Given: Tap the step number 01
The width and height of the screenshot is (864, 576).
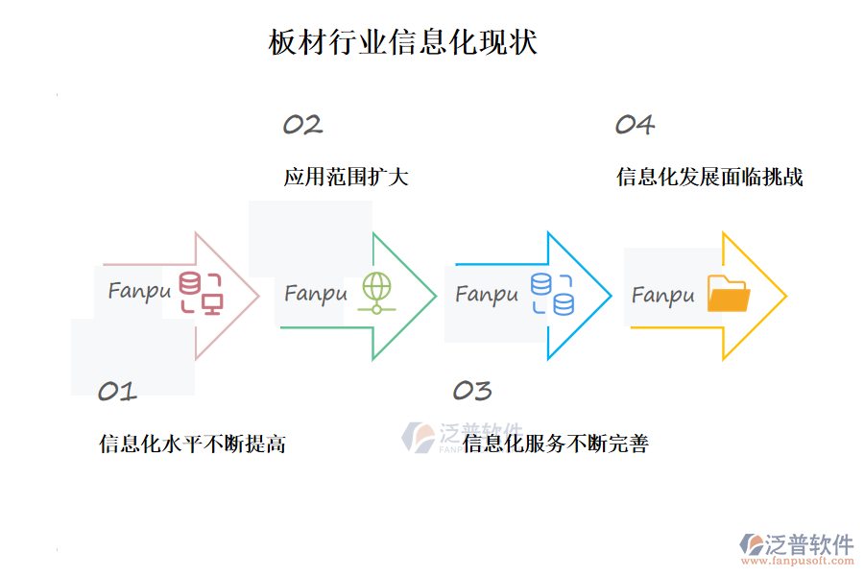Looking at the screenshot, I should [117, 391].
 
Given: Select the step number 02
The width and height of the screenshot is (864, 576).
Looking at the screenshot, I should [302, 125].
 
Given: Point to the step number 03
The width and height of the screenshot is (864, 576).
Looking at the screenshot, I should [471, 391].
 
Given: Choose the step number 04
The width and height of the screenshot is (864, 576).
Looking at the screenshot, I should [635, 125].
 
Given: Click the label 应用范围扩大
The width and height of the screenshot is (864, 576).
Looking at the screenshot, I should [346, 178].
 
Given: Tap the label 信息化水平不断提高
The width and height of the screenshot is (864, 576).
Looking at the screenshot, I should [192, 444].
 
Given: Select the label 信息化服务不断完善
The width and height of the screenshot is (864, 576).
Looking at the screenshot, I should [555, 444].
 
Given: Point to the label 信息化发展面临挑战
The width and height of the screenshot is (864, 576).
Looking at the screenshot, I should [709, 178].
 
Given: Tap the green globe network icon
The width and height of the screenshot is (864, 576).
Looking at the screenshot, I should [376, 294].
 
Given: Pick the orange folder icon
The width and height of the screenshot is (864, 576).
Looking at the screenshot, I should [728, 294].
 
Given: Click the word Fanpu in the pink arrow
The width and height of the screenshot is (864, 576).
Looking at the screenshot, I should [139, 290].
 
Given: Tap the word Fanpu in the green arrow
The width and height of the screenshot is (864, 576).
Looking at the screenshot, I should [316, 293].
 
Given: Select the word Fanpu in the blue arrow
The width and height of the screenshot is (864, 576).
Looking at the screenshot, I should [487, 294].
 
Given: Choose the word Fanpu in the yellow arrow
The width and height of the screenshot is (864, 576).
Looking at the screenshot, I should [662, 295].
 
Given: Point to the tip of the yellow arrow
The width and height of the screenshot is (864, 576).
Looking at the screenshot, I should [786, 296].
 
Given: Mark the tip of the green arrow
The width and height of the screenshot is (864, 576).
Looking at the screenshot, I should [436, 296].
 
